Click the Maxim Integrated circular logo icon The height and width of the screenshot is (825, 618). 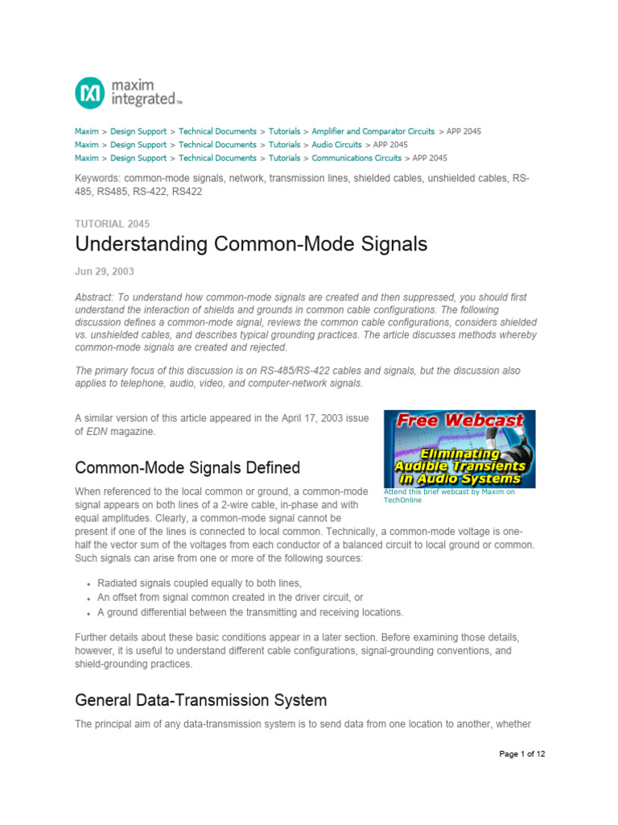click(x=89, y=93)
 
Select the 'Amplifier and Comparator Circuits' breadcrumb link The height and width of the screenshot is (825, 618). click(x=373, y=131)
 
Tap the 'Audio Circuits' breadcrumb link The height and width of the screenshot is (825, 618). click(x=336, y=145)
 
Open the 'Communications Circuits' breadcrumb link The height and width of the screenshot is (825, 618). click(x=356, y=159)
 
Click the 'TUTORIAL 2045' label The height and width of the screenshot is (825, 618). click(x=112, y=224)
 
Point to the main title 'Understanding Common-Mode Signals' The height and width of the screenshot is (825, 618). click(x=250, y=244)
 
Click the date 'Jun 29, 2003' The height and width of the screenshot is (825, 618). click(x=105, y=272)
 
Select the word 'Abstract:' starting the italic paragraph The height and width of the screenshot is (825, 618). click(x=96, y=297)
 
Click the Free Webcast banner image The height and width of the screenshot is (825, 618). click(x=459, y=449)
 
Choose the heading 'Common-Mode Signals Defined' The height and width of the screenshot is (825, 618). click(x=187, y=468)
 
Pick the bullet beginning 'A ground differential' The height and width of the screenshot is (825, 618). click(x=249, y=612)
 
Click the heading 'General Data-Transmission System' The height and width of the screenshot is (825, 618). click(x=200, y=699)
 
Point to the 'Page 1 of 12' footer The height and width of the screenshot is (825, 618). click(x=522, y=755)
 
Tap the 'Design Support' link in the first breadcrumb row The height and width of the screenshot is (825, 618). click(x=138, y=131)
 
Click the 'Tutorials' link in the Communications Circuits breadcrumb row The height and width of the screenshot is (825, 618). click(x=284, y=159)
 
